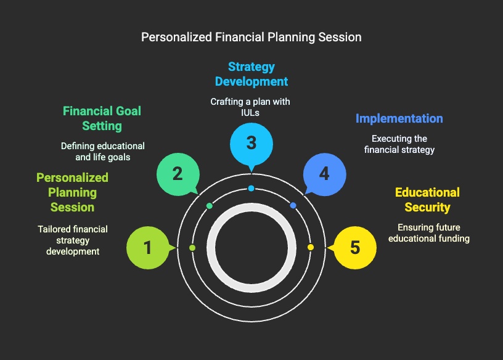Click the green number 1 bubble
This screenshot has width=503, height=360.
(x=148, y=248)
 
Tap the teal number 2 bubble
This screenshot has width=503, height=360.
(x=178, y=174)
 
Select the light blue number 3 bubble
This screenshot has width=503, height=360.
(x=251, y=144)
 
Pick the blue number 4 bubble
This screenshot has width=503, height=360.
(x=325, y=174)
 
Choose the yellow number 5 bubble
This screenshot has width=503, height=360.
(x=355, y=248)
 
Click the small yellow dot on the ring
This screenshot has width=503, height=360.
(x=311, y=247)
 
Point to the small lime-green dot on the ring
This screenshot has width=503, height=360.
(x=192, y=248)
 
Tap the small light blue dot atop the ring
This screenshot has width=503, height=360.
(x=251, y=189)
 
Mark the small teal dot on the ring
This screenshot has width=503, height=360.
(x=210, y=206)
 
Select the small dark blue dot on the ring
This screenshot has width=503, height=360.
(x=293, y=205)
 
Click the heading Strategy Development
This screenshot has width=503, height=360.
(x=251, y=74)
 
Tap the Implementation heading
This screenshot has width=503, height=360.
(x=399, y=119)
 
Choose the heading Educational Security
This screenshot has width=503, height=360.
(x=427, y=200)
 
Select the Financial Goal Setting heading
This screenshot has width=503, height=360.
(x=102, y=118)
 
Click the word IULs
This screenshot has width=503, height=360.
(x=250, y=113)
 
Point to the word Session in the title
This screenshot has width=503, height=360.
(x=340, y=37)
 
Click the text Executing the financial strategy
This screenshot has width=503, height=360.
(x=399, y=144)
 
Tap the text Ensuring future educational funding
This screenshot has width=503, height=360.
(x=429, y=233)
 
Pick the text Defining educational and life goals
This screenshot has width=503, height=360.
(x=103, y=152)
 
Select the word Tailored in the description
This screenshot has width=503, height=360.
(x=52, y=229)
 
